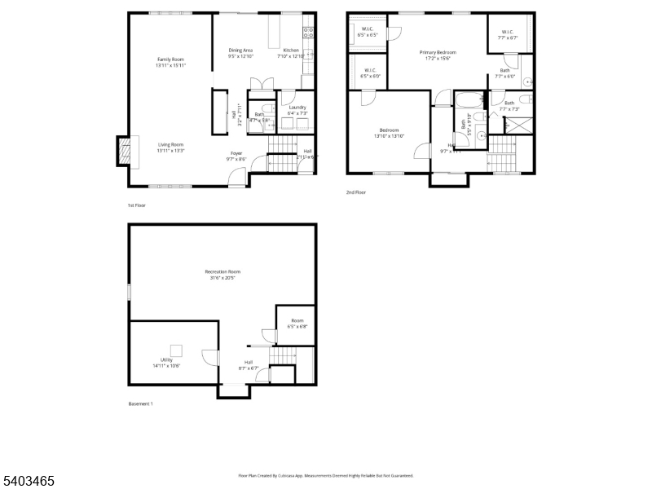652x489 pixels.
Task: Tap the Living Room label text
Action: (170, 148)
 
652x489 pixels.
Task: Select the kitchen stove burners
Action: (309, 33)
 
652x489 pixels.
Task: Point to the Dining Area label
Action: (240, 53)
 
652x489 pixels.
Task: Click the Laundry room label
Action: (297, 110)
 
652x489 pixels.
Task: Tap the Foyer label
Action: (236, 156)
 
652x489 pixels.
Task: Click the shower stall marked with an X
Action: (516, 125)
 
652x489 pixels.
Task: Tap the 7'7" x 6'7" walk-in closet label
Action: (508, 35)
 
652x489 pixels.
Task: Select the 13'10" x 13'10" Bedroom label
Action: (389, 133)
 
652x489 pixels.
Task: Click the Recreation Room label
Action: (222, 274)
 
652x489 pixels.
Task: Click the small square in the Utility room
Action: (175, 350)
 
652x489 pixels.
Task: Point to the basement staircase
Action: (283, 356)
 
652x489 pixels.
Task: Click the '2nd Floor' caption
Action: (356, 192)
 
